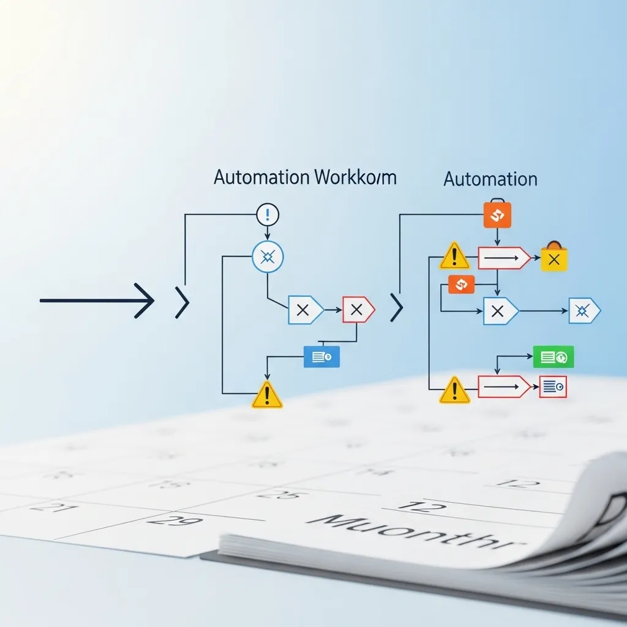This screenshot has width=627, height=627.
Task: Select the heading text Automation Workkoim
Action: point(305,178)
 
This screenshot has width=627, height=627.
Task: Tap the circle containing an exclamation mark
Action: point(268,214)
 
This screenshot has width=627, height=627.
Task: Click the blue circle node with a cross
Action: point(268,257)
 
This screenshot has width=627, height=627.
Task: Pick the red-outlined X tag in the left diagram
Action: point(358,310)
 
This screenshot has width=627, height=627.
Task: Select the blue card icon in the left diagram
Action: point(321,356)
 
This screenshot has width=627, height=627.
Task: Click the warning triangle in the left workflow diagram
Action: point(267,396)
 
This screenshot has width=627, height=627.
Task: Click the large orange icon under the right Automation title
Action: point(497,215)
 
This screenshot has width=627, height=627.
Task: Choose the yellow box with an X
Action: point(554,258)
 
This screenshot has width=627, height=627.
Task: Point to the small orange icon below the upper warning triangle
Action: point(461,284)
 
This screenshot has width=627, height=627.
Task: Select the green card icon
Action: point(553,356)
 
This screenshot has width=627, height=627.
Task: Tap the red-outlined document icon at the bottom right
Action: point(553,387)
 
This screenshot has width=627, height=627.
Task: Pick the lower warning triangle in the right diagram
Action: point(454,390)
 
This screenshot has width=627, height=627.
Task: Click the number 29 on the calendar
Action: point(167,522)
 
